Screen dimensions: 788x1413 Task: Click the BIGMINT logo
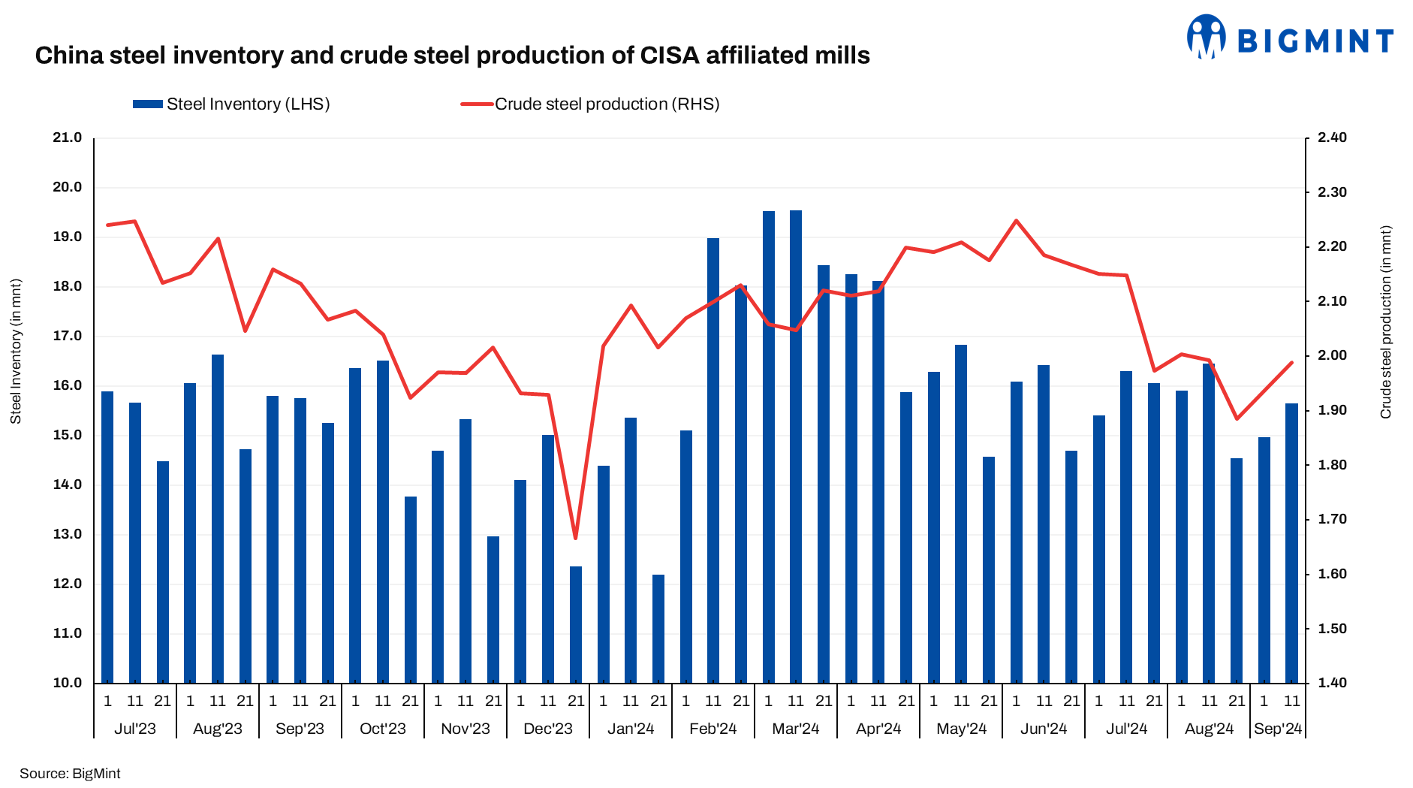1289,38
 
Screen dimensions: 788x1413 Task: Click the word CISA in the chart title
670,56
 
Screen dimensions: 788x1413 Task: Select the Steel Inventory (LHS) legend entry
231,104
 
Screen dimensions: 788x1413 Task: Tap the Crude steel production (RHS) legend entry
590,104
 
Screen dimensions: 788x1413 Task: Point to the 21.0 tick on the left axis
67,137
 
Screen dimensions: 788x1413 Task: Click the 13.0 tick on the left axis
67,534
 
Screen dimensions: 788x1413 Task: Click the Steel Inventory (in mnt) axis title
16,351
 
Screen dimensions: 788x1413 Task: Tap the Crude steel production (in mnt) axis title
1386,322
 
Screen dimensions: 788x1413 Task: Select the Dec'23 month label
548,729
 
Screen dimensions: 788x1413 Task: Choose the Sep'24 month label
1278,729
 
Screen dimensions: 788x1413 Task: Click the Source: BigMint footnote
70,774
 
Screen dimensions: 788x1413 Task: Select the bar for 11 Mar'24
796,447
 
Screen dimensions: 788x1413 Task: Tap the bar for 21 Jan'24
658,629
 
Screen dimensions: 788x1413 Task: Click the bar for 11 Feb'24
713,460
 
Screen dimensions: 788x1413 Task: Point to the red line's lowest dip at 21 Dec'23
576,538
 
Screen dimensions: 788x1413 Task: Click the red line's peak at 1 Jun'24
1017,221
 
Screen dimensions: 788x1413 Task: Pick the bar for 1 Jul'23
107,537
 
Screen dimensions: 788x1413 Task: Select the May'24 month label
961,729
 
